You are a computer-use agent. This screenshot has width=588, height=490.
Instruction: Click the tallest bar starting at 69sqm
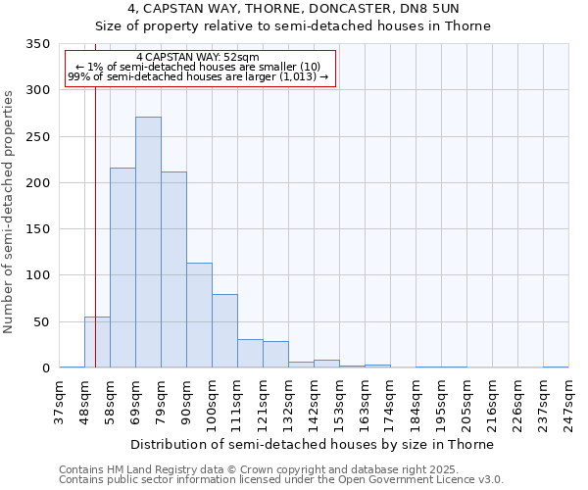click(148, 242)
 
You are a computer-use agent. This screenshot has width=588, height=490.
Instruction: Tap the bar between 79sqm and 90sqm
click(173, 269)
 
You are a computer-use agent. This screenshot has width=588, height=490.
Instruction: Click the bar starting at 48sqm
click(97, 342)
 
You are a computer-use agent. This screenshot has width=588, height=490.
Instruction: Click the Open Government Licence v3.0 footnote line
click(281, 480)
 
